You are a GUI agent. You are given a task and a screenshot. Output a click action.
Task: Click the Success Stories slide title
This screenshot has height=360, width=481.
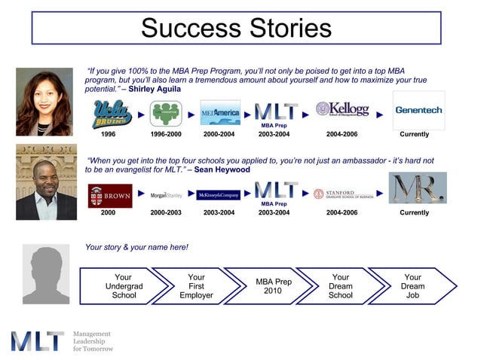pyautogui.click(x=236, y=28)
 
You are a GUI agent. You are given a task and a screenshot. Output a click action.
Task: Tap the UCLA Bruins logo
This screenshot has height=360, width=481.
pyautogui.click(x=112, y=114)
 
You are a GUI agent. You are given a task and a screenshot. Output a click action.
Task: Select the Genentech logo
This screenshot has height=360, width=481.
pyautogui.click(x=418, y=111)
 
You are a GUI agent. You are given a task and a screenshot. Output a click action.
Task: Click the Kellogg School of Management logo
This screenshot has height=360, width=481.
pyautogui.click(x=343, y=111)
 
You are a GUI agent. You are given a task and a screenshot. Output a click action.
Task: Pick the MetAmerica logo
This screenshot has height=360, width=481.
pyautogui.click(x=220, y=113)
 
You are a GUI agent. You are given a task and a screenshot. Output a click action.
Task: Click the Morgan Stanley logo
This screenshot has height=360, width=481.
pyautogui.click(x=166, y=195)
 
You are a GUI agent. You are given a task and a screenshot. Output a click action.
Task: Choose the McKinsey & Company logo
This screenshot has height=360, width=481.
pyautogui.click(x=219, y=195)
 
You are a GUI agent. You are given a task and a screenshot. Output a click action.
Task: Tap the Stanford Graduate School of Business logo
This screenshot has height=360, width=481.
pyautogui.click(x=344, y=194)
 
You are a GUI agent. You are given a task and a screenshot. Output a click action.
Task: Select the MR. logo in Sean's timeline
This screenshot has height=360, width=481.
pyautogui.click(x=418, y=189)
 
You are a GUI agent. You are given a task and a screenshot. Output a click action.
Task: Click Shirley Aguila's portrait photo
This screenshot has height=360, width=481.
pyautogui.click(x=44, y=102)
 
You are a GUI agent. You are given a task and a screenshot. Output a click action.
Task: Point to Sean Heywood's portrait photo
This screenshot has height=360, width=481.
pyautogui.click(x=46, y=182)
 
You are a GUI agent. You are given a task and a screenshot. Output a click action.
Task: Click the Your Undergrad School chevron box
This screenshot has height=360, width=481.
pyautogui.click(x=124, y=286)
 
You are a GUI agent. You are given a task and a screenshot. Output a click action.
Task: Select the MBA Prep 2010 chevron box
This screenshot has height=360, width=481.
pyautogui.click(x=273, y=286)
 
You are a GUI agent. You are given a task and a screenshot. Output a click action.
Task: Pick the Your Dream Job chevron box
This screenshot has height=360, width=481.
pyautogui.click(x=413, y=286)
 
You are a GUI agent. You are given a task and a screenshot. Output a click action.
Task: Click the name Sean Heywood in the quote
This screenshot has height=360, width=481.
pyautogui.click(x=222, y=169)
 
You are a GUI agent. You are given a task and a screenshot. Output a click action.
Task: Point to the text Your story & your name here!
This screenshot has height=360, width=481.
pyautogui.click(x=136, y=247)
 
